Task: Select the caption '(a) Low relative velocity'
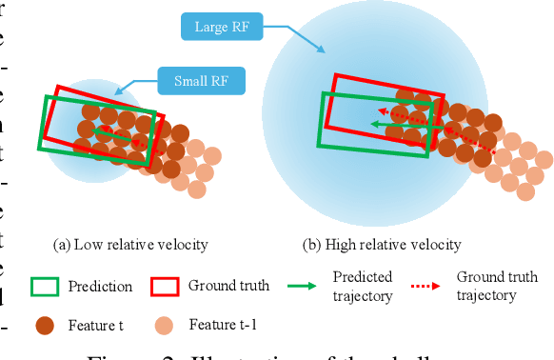coord(131,244)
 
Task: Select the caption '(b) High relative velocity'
coord(382,244)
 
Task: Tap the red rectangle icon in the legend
coord(166,287)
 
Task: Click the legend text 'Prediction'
coord(100,286)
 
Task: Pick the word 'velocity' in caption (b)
coord(436,244)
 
